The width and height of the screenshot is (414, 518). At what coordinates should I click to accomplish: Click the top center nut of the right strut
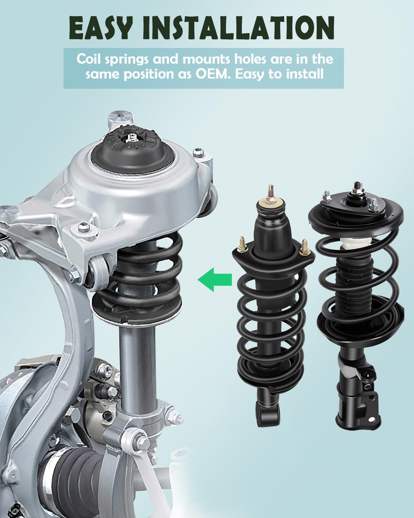[x=355, y=188]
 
